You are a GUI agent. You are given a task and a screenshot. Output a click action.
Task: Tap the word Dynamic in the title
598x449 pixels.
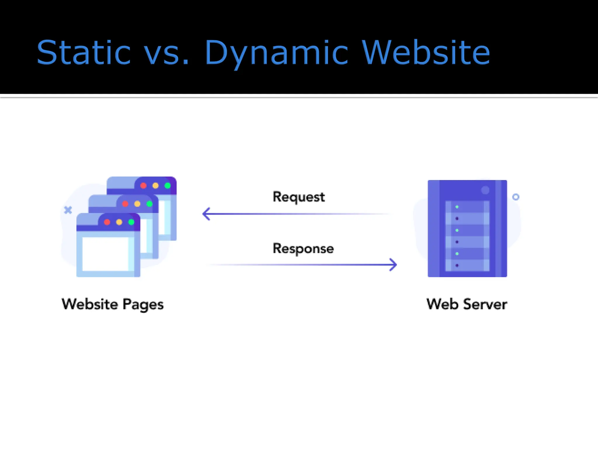coord(276,53)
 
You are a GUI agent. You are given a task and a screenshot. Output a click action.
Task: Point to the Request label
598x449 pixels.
coord(298,197)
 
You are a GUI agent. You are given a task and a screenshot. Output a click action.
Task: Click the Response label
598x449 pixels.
coord(303,248)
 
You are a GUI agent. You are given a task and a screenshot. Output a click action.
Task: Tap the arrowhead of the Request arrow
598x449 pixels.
coord(206,214)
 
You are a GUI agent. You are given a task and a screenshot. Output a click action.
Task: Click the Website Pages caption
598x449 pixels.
coord(113,304)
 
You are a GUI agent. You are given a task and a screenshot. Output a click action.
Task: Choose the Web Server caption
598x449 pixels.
coord(467,304)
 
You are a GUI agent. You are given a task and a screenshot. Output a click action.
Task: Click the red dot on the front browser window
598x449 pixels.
coord(107,222)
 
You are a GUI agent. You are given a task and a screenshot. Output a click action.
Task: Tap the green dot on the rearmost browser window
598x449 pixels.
coord(168,186)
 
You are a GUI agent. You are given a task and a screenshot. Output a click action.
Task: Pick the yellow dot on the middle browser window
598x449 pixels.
coord(137,204)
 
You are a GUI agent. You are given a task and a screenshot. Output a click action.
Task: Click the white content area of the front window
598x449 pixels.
coord(105,254)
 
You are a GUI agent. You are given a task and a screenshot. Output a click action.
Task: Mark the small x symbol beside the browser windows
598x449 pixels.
coord(68,210)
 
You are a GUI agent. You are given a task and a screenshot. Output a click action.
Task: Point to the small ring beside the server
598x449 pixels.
coord(516,197)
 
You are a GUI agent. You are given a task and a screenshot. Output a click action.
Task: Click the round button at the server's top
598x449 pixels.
coord(485,190)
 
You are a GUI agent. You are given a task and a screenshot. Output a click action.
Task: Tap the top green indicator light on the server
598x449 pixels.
coord(457,207)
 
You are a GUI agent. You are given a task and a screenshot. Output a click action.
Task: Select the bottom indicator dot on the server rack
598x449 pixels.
coord(457,265)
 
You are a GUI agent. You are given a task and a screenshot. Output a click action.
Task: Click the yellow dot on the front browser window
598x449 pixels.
coord(119,222)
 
